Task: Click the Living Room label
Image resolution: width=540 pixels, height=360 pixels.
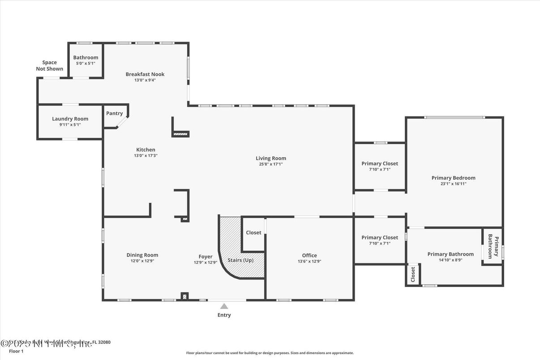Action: pos(270,158)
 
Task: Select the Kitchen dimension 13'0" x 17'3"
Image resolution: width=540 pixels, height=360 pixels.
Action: pos(146,156)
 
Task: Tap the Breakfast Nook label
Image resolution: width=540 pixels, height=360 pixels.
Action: pos(145,74)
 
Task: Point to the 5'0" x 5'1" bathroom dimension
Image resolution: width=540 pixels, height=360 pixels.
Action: pos(86,64)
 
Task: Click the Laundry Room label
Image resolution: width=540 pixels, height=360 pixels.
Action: pos(70,119)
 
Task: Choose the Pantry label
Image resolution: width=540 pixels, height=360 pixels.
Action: pos(114,113)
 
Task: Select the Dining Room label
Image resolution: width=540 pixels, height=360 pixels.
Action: pos(142,255)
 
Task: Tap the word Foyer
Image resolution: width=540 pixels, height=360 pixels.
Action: pos(206,257)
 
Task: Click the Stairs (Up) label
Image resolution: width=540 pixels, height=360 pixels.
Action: pos(241,260)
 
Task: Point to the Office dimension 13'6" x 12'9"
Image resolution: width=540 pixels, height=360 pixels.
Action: pos(309,261)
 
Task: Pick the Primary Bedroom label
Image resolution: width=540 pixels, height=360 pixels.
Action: pos(453,178)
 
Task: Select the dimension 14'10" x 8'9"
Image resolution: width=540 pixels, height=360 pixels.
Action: pos(450,260)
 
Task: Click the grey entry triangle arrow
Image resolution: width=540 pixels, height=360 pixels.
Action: pos(224,306)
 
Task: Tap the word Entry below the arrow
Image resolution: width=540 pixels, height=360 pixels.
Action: pos(224,315)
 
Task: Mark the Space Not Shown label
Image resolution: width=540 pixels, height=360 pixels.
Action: pos(49,66)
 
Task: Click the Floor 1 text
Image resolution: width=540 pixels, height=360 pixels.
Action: pos(16,351)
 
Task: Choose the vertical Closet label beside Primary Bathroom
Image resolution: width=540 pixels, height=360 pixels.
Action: pos(413,274)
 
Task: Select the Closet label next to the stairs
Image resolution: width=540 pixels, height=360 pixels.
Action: pos(253,232)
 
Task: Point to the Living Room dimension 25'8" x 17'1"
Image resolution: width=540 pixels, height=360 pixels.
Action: pos(270,164)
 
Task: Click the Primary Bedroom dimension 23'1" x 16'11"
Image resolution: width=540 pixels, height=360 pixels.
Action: pos(453,184)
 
